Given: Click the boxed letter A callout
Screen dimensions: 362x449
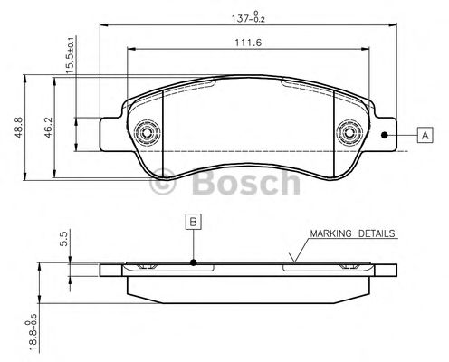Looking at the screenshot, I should (425, 136).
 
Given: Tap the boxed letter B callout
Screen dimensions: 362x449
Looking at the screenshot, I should (193, 220).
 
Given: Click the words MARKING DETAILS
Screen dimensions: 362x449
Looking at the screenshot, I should (352, 233).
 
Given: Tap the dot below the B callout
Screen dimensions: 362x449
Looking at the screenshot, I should (194, 263).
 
